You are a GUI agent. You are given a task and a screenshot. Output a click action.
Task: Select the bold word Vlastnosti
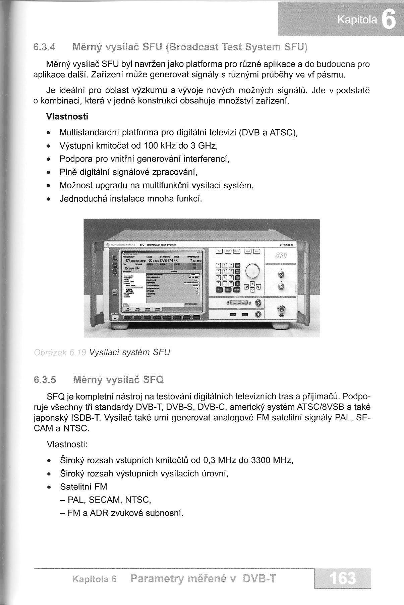pyautogui.click(x=67, y=117)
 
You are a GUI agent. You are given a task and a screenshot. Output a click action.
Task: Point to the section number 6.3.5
pyautogui.click(x=45, y=380)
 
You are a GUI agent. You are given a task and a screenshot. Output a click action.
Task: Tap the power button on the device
pyautogui.click(x=115, y=317)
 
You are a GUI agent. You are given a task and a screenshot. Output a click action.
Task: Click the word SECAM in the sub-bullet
pyautogui.click(x=105, y=500)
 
